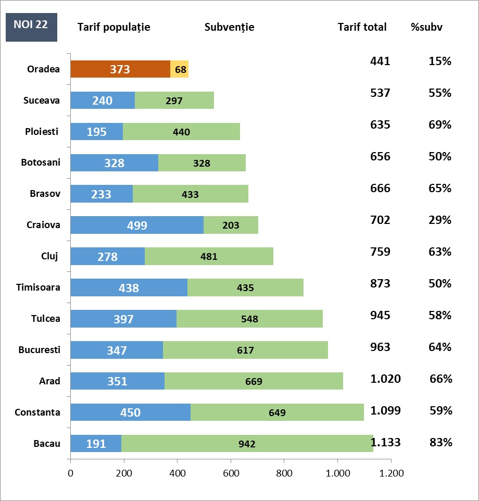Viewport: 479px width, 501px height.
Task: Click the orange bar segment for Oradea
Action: (x=120, y=69)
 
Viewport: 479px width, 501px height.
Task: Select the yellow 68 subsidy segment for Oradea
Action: (x=179, y=69)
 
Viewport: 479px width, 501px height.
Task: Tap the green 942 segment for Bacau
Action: (x=247, y=444)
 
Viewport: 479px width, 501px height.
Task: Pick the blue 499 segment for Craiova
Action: (x=137, y=225)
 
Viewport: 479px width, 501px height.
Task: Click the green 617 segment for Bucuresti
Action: (x=245, y=350)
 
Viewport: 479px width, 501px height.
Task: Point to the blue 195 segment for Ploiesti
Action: (x=96, y=131)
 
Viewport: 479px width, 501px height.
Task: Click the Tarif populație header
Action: (x=114, y=27)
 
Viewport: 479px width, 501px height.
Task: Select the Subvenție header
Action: (x=230, y=27)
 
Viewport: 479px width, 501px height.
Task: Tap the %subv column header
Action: (x=426, y=27)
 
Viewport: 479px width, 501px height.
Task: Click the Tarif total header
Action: (x=362, y=27)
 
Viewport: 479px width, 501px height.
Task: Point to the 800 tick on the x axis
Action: (x=284, y=473)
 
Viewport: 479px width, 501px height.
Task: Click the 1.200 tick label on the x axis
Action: (x=391, y=473)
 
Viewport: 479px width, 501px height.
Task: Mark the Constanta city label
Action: (x=37, y=412)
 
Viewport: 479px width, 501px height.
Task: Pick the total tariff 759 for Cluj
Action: (x=380, y=252)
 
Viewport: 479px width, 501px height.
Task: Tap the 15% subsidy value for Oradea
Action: (x=440, y=61)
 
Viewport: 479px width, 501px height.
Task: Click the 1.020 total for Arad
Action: (x=385, y=379)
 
